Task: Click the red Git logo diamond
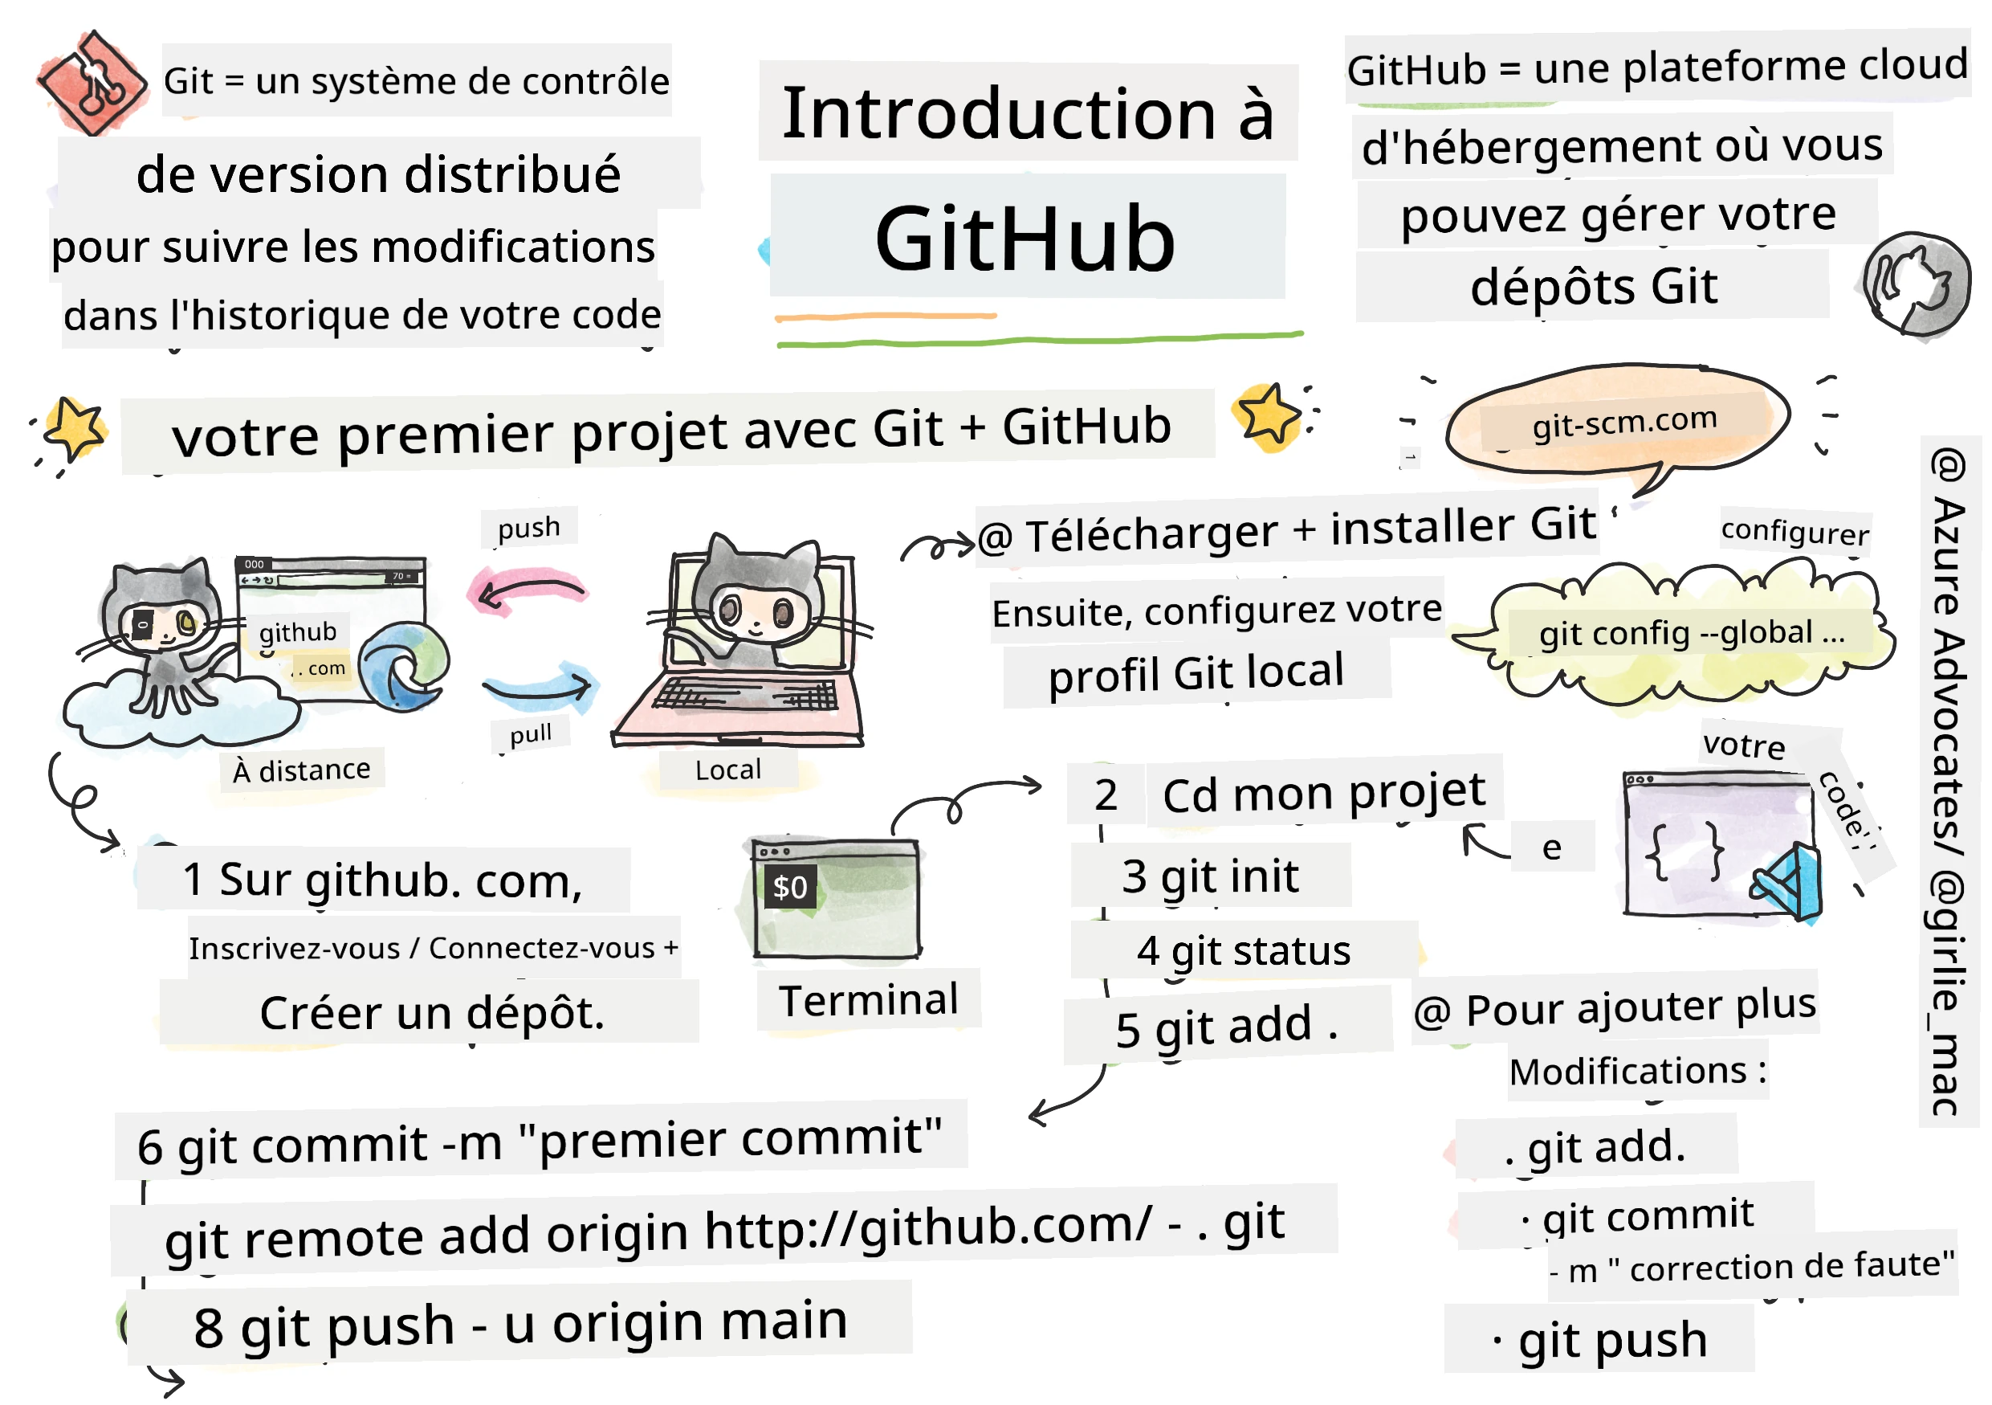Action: pyautogui.click(x=91, y=84)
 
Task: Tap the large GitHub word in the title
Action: pyautogui.click(x=1025, y=239)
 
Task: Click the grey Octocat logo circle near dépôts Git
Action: pyautogui.click(x=1915, y=284)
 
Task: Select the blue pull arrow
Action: pyautogui.click(x=538, y=685)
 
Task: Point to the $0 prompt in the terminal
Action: pyautogui.click(x=789, y=887)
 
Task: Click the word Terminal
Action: pyautogui.click(x=869, y=1001)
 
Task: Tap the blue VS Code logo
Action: pyautogui.click(x=1788, y=884)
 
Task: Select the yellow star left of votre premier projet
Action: pyautogui.click(x=75, y=429)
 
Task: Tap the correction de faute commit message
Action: pyautogui.click(x=1790, y=1268)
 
